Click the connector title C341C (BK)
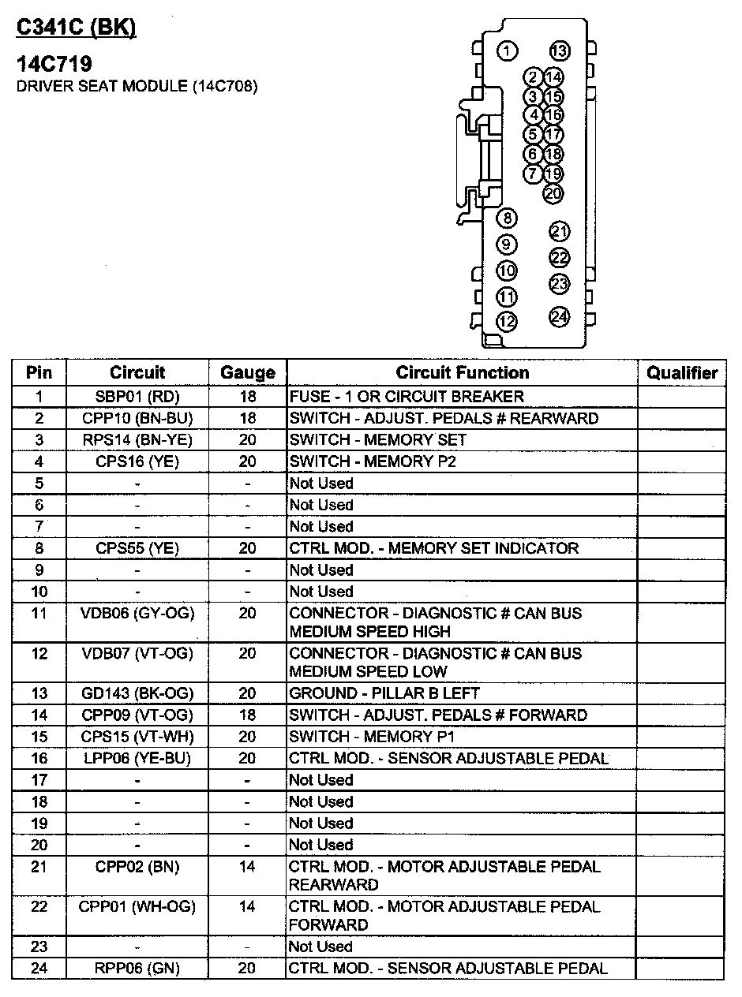[76, 28]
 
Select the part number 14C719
[54, 65]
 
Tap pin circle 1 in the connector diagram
[507, 51]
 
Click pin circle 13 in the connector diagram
[559, 51]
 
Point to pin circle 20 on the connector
[553, 192]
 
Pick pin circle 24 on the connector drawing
[559, 317]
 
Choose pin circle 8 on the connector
[507, 218]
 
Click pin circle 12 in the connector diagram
[507, 321]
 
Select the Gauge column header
[247, 373]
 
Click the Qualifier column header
[682, 373]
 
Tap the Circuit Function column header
[462, 373]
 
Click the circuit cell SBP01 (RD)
[137, 397]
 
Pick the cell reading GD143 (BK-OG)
[137, 693]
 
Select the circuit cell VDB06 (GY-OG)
[137, 613]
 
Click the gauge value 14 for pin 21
[247, 867]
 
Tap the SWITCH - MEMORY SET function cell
[377, 439]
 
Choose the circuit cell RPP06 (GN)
[137, 968]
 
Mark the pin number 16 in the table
[39, 759]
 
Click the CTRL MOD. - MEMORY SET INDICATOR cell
[433, 548]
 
